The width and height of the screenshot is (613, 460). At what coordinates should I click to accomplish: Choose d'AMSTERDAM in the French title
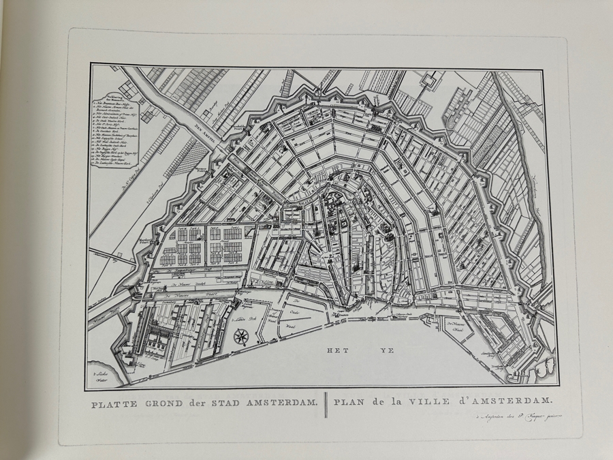coord(499,403)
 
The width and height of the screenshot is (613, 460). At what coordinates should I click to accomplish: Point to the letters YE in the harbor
coord(388,350)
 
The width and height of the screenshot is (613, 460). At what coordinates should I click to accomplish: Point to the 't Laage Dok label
coord(240,318)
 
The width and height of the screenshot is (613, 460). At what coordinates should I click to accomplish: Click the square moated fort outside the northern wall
coord(428,82)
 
